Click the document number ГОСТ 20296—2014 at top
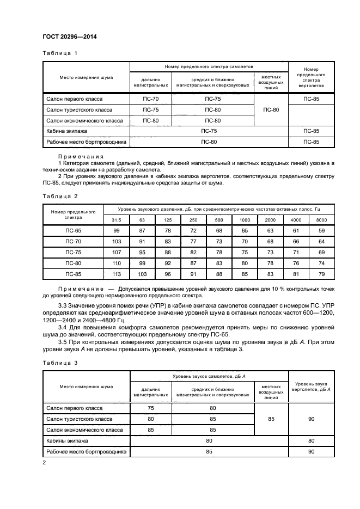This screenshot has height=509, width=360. (x=66, y=37)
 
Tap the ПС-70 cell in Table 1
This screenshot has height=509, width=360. (x=150, y=99)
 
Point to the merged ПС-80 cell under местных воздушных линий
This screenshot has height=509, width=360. (x=271, y=110)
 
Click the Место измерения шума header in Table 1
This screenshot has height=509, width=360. (x=86, y=77)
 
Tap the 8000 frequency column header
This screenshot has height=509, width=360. (x=321, y=219)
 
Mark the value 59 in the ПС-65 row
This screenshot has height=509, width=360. (x=321, y=231)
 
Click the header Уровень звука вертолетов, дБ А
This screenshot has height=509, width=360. (x=311, y=387)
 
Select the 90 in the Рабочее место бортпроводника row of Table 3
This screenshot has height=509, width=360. (x=311, y=451)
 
